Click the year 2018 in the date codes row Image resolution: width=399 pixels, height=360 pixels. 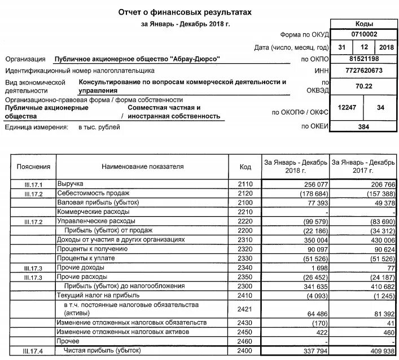(388, 47)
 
